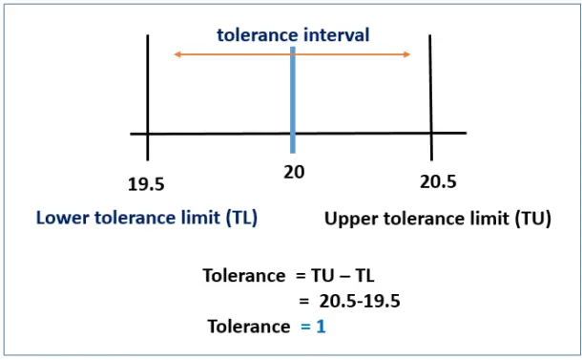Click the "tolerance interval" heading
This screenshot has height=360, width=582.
(292, 35)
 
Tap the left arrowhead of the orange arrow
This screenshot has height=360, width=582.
(177, 55)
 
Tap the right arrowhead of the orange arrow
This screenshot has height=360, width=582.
(407, 55)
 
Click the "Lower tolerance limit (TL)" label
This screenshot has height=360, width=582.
(147, 218)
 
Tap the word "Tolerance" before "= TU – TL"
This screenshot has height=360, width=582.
(242, 275)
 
